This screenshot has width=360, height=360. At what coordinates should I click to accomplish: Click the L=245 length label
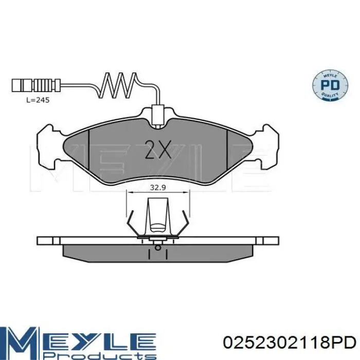38,100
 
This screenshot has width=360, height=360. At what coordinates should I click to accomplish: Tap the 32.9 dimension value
158,188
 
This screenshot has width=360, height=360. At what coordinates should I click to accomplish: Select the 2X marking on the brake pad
158,149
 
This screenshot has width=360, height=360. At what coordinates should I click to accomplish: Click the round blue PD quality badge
330,85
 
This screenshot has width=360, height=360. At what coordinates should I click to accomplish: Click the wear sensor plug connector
36,85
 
